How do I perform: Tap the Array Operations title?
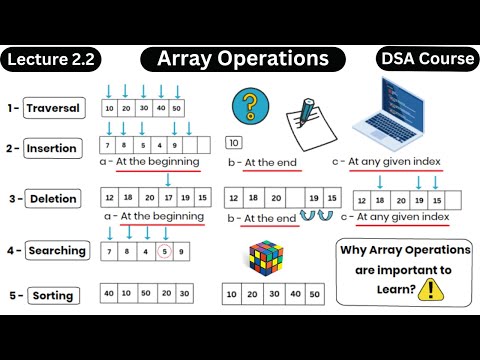(242, 59)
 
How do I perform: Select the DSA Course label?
(427, 59)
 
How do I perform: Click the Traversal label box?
(53, 108)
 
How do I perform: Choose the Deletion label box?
(53, 198)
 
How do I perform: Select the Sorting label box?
(53, 295)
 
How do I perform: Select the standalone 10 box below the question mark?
(235, 143)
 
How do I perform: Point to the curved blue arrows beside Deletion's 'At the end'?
(319, 216)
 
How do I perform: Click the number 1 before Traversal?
(9, 108)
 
